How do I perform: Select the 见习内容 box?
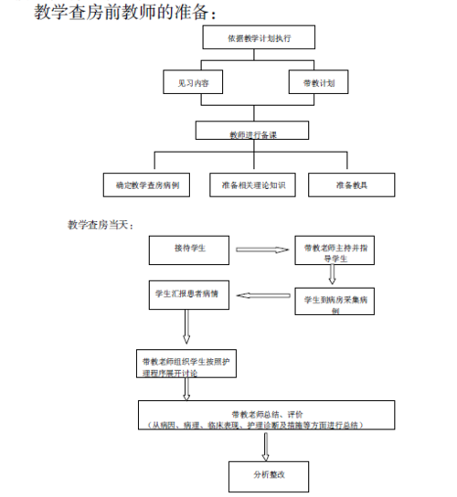(193, 82)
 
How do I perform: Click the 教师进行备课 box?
(253, 132)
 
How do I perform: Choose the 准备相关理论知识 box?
(253, 185)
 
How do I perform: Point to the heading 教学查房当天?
(101, 224)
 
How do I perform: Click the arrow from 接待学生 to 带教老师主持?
(261, 248)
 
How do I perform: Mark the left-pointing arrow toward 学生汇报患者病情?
(263, 295)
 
